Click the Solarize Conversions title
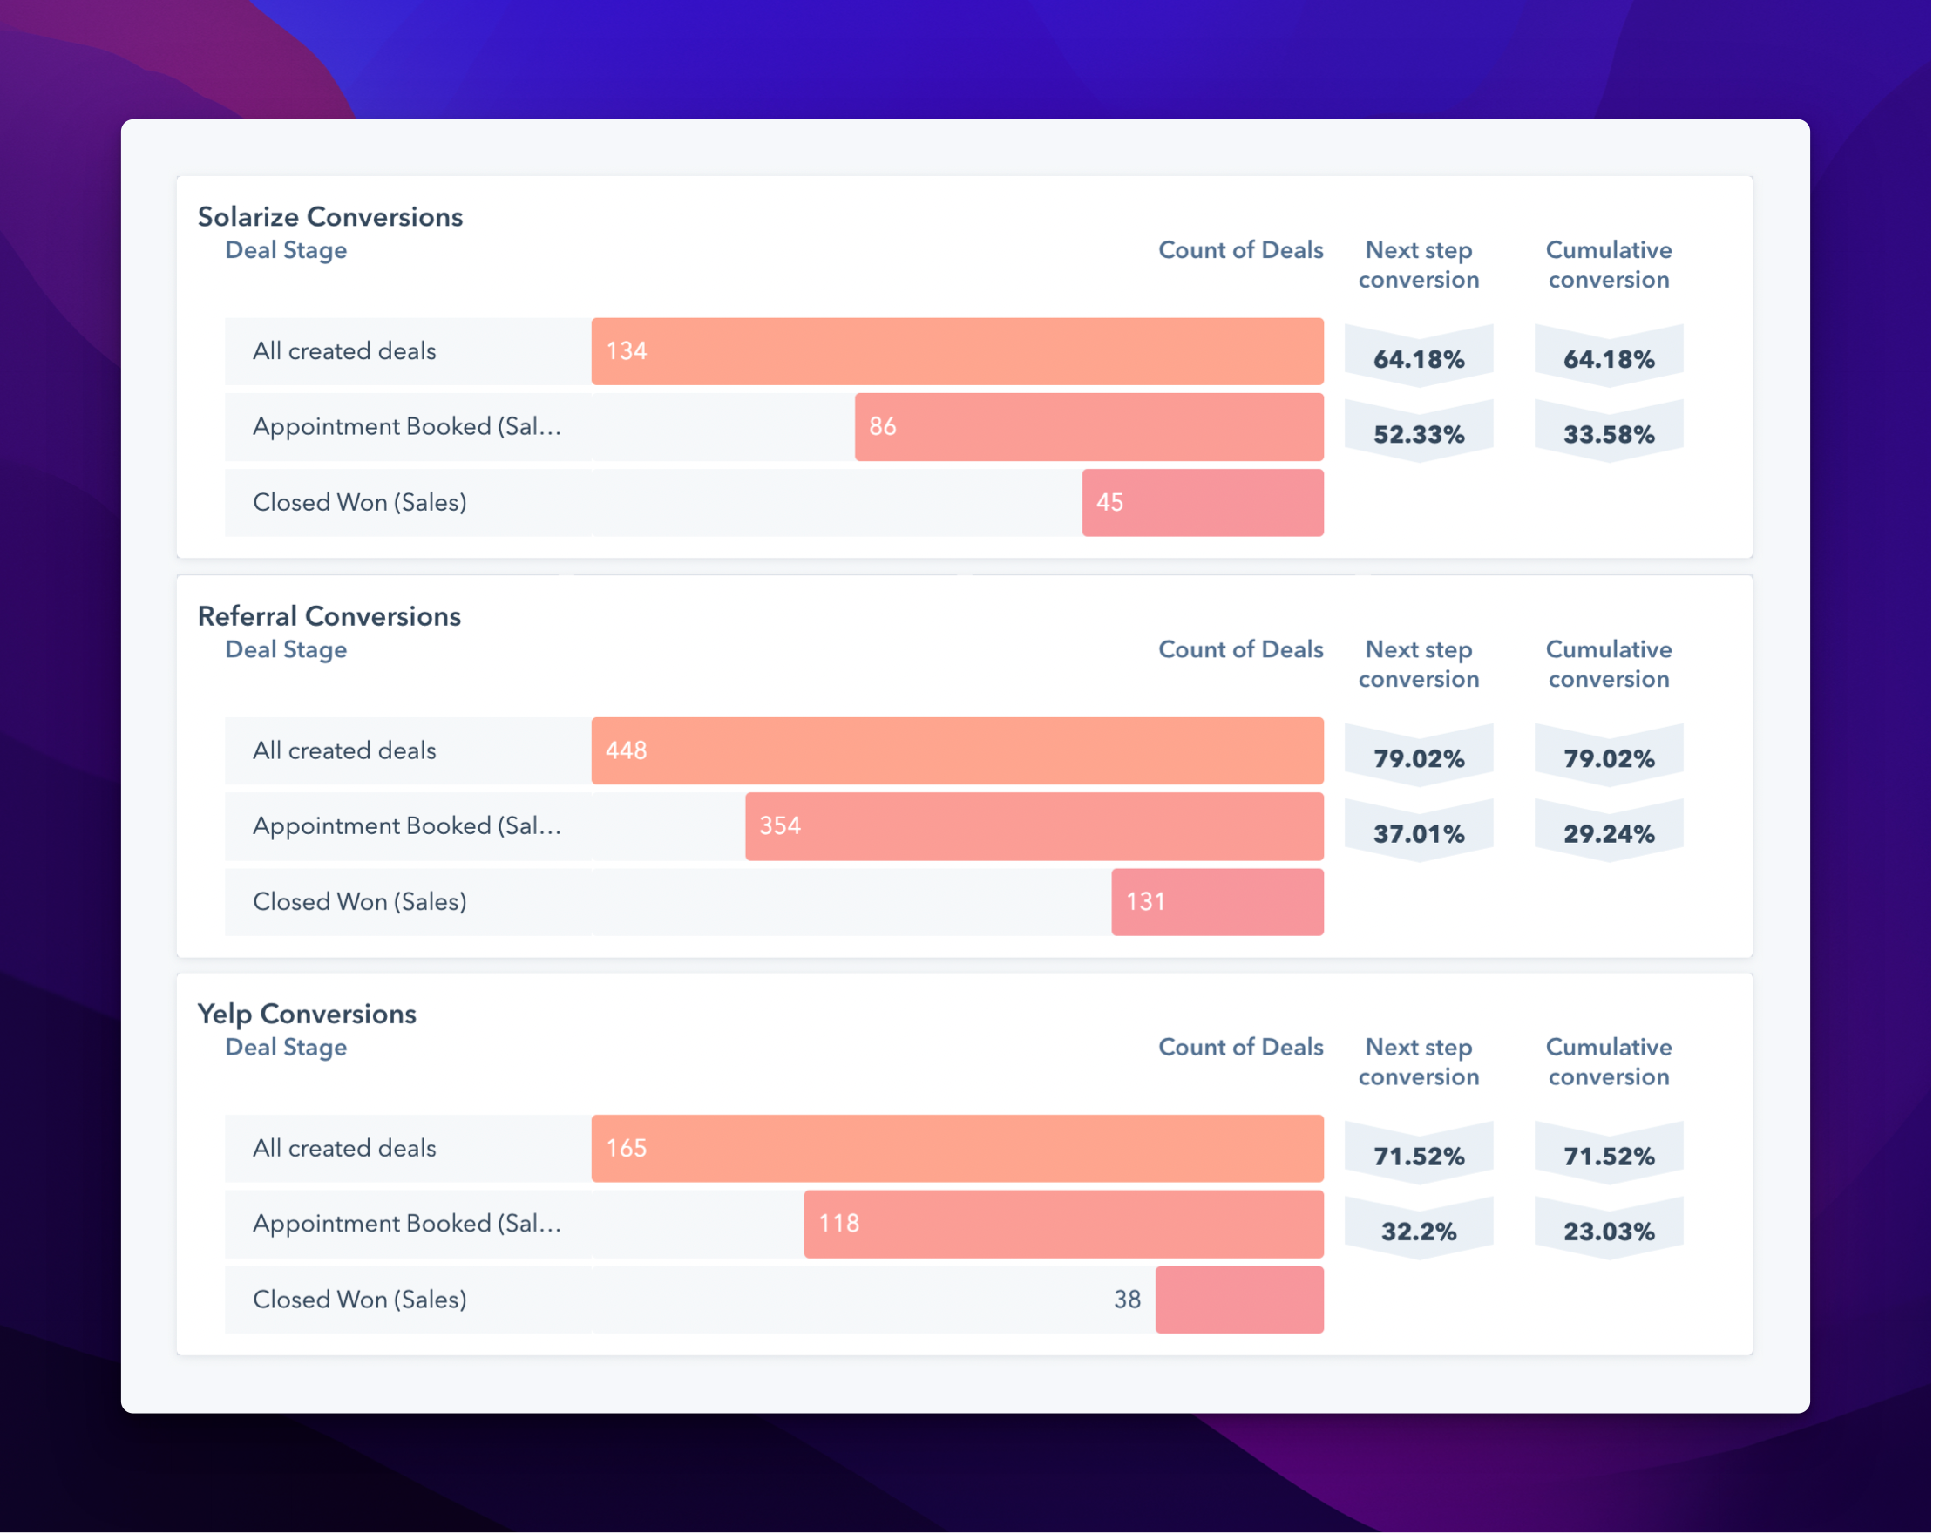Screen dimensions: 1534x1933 coord(330,217)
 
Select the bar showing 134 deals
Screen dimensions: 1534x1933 coord(957,351)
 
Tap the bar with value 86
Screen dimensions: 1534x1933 coord(1089,427)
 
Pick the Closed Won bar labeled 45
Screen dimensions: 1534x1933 coord(1203,503)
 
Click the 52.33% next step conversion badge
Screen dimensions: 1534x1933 coord(1418,435)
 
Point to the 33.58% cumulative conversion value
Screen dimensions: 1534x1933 coord(1609,435)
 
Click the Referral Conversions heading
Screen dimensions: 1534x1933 coord(329,617)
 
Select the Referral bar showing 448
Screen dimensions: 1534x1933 coord(957,751)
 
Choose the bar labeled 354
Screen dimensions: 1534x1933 coord(1034,826)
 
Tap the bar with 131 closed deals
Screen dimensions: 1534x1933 coord(1217,902)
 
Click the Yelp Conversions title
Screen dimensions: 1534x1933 coord(307,1014)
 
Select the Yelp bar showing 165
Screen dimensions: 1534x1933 coord(957,1149)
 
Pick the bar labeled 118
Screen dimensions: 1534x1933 coord(1063,1224)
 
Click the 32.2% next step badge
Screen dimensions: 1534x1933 coord(1418,1232)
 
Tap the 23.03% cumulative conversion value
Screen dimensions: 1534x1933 coord(1609,1232)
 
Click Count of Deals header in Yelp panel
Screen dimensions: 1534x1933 coord(1240,1047)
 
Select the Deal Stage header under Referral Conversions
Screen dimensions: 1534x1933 coord(286,650)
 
